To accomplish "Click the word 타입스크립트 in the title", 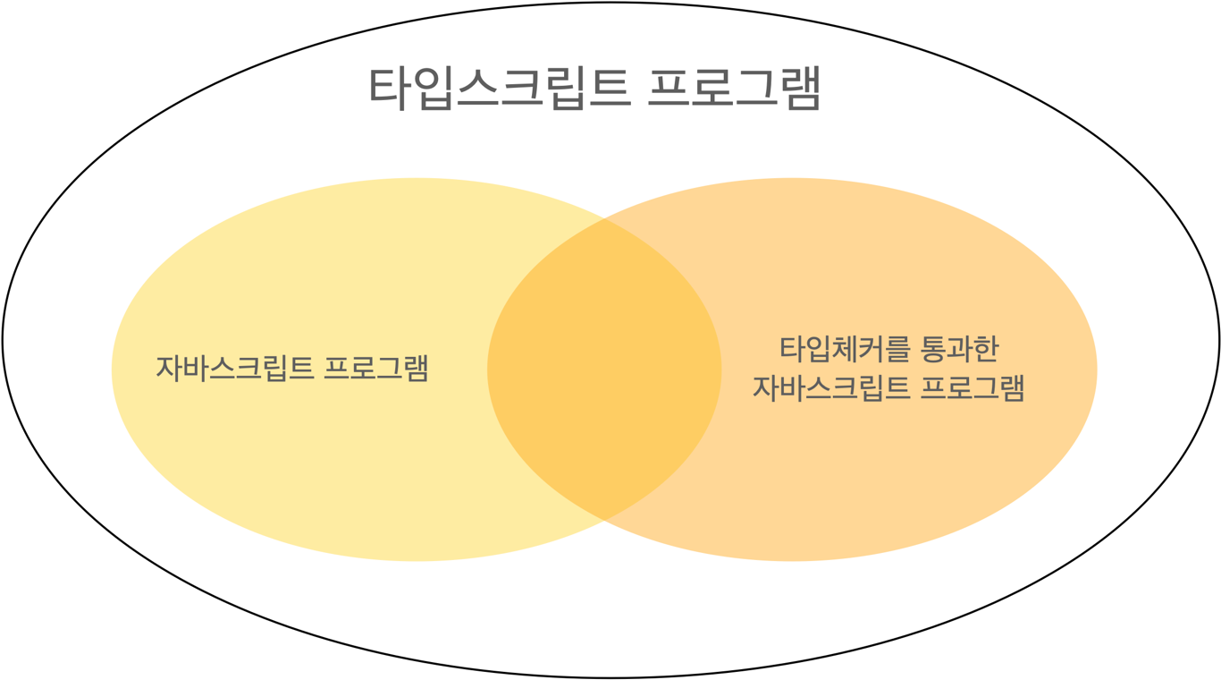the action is click(500, 87).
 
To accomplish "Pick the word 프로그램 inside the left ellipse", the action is click(376, 369).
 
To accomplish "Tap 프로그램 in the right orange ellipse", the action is click(973, 388).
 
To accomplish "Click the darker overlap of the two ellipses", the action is click(604, 369).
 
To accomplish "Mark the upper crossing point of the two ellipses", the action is click(604, 218).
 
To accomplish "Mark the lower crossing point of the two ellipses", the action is click(604, 520).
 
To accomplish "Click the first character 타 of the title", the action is click(390, 87).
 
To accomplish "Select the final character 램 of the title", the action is click(799, 87).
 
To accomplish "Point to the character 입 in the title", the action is click(434, 87).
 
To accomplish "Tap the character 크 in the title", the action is click(521, 87).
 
